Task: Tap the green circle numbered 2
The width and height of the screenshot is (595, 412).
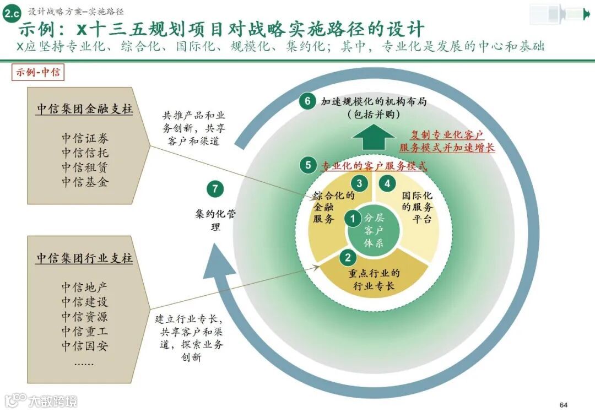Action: (347, 257)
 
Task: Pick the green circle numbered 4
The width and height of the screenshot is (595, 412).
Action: (387, 183)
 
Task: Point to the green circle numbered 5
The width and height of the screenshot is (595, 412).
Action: (308, 165)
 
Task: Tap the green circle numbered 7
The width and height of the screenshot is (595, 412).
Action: (215, 189)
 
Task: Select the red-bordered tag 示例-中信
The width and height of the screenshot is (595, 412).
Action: (38, 73)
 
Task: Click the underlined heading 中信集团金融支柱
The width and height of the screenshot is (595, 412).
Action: (85, 109)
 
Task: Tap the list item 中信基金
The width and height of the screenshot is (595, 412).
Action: (85, 182)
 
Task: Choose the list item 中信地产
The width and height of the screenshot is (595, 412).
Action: (85, 287)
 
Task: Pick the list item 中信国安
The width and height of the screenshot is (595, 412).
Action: (85, 346)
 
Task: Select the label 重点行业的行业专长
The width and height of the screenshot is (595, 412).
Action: (374, 280)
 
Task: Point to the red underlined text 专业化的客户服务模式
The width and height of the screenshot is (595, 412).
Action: (374, 165)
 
